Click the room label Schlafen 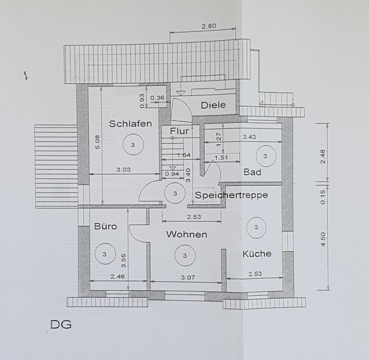click(x=130, y=124)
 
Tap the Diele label click(x=213, y=105)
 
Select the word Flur click(x=179, y=131)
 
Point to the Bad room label click(x=253, y=172)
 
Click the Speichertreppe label click(x=232, y=195)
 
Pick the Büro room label click(x=106, y=226)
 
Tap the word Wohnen click(x=186, y=234)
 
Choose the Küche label click(x=257, y=254)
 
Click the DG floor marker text click(x=60, y=325)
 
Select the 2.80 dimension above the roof click(x=209, y=26)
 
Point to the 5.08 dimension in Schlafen click(x=97, y=142)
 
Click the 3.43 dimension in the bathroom click(x=249, y=137)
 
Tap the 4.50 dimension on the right click(x=323, y=239)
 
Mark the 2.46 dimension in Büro click(x=118, y=277)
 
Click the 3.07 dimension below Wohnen click(x=188, y=278)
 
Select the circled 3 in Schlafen click(x=133, y=144)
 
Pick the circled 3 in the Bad click(x=266, y=156)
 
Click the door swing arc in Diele click(x=188, y=106)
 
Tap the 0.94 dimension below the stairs click(x=172, y=174)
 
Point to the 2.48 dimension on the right click(x=323, y=156)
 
